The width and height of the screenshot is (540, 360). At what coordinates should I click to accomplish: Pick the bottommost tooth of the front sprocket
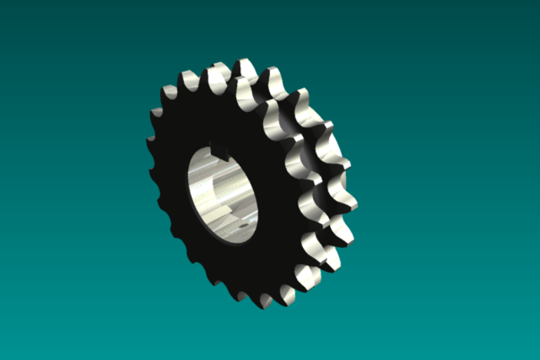coord(265,299)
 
